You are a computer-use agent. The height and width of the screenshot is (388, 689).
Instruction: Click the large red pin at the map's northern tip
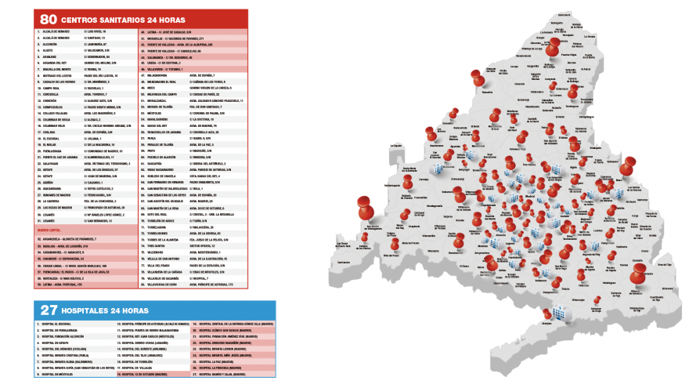pyautogui.click(x=556, y=49)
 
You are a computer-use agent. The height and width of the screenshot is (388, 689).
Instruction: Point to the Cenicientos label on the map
pyautogui.click(x=342, y=262)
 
